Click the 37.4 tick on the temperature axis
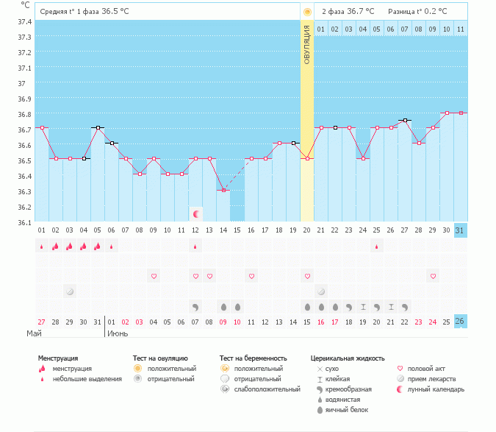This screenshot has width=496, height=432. point(24,21)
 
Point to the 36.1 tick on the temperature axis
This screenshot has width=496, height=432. point(24,222)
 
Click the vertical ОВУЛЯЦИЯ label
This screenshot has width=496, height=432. point(307,44)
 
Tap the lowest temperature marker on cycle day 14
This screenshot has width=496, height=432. point(223,190)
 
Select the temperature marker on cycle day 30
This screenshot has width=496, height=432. point(447,113)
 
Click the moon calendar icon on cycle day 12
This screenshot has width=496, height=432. point(195,214)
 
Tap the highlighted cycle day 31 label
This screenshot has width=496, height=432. point(460,230)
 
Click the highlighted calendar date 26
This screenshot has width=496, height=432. point(460,322)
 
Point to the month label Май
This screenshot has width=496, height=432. point(34,333)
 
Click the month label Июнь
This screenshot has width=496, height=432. point(118,333)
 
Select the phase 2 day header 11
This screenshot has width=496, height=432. point(460,29)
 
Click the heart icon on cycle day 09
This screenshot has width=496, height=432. point(154,276)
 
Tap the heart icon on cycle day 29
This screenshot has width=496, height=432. point(433,276)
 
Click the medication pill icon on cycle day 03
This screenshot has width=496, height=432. point(70,291)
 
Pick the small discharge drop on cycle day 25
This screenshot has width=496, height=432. point(377,247)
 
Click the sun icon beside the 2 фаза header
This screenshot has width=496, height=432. point(307,12)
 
